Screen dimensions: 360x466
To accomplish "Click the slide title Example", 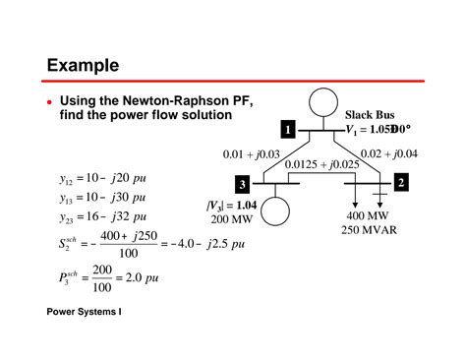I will point(84,65).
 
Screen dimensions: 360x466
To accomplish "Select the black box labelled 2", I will point(401,183).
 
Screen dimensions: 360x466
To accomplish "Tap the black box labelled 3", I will point(242,185).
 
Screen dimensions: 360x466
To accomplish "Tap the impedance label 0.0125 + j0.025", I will point(323,164).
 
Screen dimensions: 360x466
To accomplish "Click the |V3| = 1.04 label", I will point(232,205).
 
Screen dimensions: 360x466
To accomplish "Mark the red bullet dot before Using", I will point(50,101).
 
